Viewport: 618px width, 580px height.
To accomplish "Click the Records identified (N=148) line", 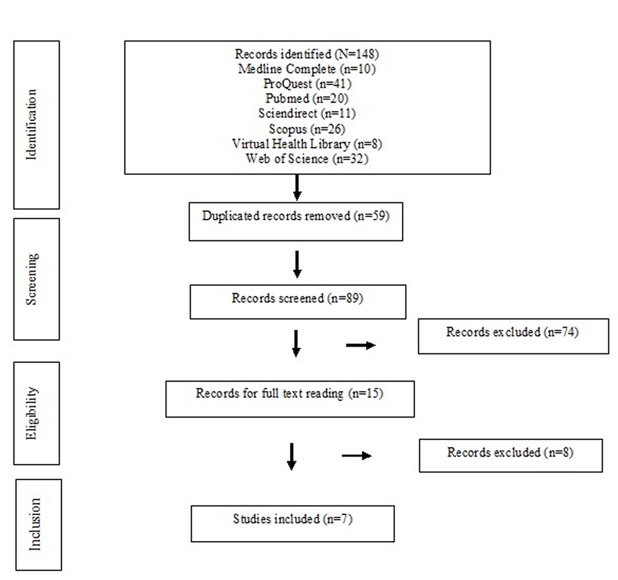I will coord(307,54).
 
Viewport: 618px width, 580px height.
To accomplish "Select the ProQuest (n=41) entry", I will coord(307,84).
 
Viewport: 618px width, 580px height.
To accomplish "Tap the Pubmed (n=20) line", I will coord(307,99).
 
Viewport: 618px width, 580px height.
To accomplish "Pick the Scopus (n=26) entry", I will coord(307,129).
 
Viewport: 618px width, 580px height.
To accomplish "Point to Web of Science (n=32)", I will coord(307,159).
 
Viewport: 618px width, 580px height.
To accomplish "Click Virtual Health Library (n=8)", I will coord(307,144).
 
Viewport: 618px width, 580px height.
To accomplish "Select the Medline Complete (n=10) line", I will coord(307,69).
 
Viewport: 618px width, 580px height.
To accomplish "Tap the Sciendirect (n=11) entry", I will coord(307,113).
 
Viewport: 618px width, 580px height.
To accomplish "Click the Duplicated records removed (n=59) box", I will coord(296,221).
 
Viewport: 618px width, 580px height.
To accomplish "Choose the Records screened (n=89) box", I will coord(297,302).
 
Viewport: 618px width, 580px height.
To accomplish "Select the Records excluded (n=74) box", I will coord(513,336).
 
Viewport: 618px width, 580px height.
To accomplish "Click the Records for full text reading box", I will coord(290,399).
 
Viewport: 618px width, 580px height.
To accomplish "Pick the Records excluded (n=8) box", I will coord(510,455).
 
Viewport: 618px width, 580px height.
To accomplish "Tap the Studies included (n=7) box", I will coord(292,523).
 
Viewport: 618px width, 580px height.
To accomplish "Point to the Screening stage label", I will coord(32,279).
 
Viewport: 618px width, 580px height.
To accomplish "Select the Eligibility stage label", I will coord(32,413).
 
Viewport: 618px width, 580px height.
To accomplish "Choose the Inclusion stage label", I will coord(35,524).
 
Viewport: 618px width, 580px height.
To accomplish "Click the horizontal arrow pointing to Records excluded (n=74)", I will coord(360,345).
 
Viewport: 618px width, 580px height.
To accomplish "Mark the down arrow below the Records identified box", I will coord(297,188).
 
